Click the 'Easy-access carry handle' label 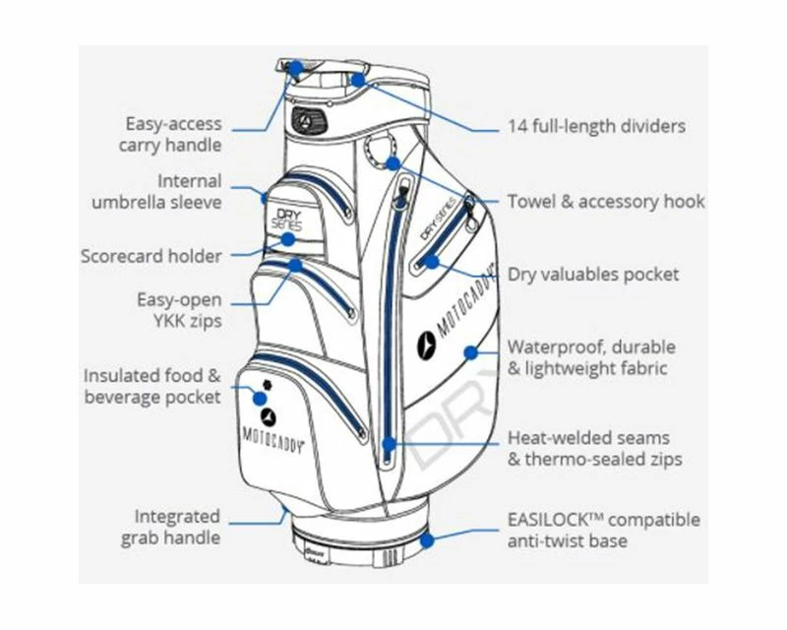[x=173, y=135]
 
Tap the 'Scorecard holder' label [x=151, y=256]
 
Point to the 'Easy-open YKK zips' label [x=179, y=309]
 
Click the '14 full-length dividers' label [x=596, y=126]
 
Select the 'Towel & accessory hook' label [x=606, y=202]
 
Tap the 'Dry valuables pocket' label [x=592, y=274]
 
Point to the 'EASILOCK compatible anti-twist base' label [x=604, y=530]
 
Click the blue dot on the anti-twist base [x=428, y=539]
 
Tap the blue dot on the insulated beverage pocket [x=259, y=398]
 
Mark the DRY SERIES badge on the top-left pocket [x=287, y=218]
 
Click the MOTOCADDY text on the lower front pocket [x=272, y=434]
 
